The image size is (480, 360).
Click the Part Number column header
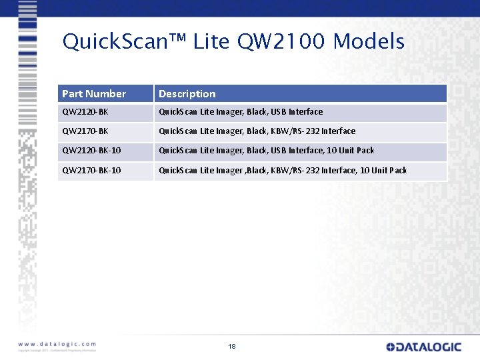point(94,94)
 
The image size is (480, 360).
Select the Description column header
point(187,94)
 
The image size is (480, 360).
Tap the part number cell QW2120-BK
point(85,112)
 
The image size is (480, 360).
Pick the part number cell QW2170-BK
point(85,131)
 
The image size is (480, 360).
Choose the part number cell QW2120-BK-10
point(91,151)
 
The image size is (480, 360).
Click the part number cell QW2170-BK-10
point(91,170)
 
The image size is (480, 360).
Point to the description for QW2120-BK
point(241,112)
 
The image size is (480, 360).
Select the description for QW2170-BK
point(257,131)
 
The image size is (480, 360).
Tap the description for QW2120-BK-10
point(267,151)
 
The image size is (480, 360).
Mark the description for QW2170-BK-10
point(283,170)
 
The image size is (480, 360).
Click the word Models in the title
point(369,42)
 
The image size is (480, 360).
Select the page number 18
point(232,347)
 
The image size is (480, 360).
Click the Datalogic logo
point(423,347)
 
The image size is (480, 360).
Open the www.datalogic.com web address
point(57,344)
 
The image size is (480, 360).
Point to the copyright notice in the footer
point(57,350)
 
